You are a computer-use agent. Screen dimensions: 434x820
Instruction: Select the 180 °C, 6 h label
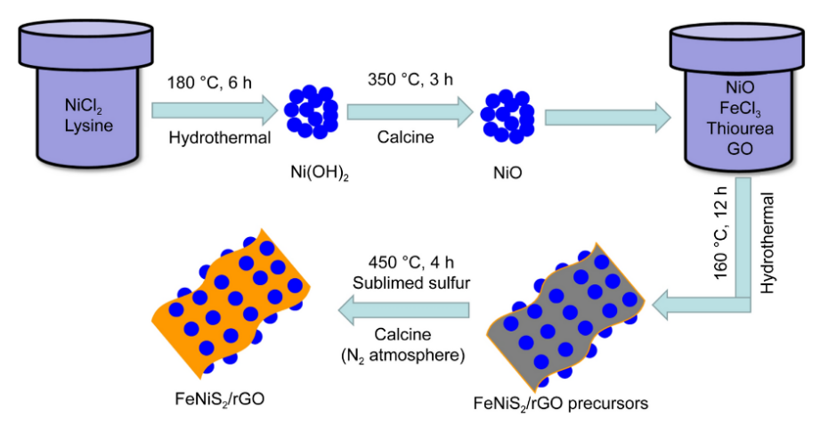click(209, 83)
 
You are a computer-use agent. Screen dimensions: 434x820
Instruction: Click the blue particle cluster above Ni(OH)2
click(311, 111)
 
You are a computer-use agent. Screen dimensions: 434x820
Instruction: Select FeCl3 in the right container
click(740, 109)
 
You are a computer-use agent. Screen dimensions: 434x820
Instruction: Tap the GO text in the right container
click(740, 148)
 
